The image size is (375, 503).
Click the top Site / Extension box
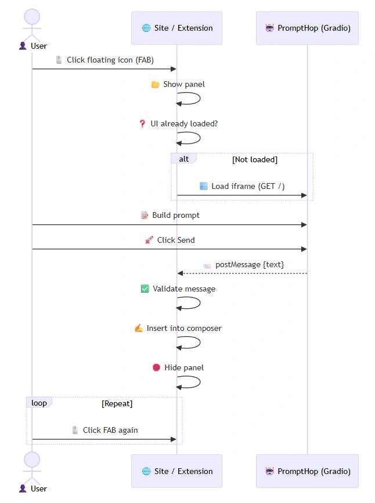point(176,28)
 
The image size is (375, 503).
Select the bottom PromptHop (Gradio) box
point(307,471)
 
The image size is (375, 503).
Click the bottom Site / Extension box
point(176,471)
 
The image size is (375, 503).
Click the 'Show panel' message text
point(183,84)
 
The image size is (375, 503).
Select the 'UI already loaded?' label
point(184,123)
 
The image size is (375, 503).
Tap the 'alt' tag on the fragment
point(183,159)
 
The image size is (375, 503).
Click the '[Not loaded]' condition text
point(254,159)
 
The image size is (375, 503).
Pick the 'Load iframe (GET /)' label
point(247,186)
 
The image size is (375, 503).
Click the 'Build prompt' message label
point(175,215)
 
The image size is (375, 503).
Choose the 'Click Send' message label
point(175,240)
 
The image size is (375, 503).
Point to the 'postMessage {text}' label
point(249,264)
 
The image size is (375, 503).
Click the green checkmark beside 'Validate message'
point(145,289)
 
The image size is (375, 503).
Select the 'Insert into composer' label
point(183,328)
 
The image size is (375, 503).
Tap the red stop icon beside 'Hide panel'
point(156,367)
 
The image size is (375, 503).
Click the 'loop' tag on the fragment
point(39,403)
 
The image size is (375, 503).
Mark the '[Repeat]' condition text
point(117,403)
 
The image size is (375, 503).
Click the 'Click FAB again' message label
point(110,430)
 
